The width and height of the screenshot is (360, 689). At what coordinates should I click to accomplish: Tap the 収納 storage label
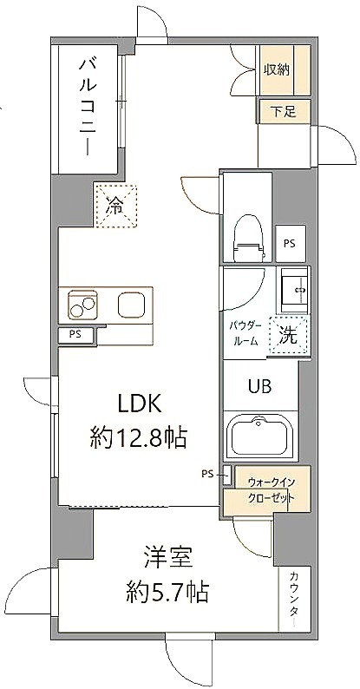point(277,70)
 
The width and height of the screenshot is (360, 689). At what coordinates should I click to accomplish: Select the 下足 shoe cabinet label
point(283,112)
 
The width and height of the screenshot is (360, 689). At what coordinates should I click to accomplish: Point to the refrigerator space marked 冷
point(116,206)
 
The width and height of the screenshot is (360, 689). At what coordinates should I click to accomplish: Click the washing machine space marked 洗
point(289,336)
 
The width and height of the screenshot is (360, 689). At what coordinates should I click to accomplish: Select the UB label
point(260,386)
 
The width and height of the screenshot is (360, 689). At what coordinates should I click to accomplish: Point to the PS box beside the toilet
point(290,244)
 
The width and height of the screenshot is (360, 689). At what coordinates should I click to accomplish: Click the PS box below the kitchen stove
point(75,335)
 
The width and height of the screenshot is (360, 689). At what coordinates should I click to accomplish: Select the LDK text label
point(139,404)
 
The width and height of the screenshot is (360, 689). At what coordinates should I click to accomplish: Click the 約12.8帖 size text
point(139,437)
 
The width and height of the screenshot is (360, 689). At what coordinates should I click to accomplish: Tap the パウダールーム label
point(245,333)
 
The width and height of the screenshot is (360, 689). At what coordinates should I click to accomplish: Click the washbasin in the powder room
point(294,289)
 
